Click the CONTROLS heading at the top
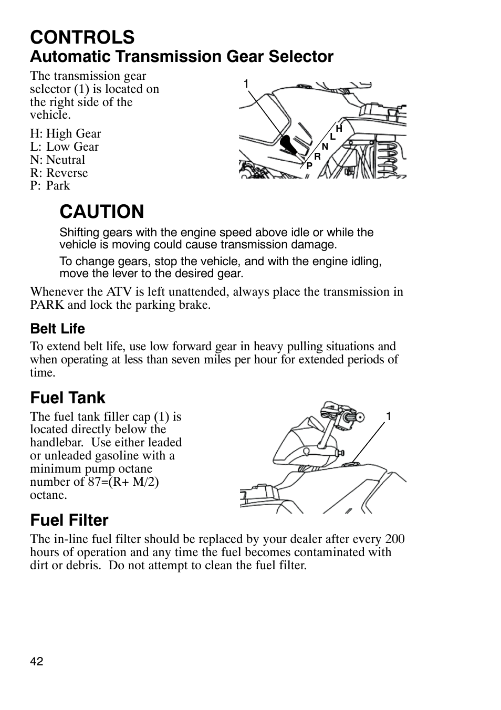(x=82, y=37)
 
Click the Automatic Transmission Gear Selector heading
(x=182, y=57)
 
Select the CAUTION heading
(x=101, y=212)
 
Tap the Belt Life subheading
(x=57, y=329)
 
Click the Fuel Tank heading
(x=68, y=398)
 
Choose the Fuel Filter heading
(x=69, y=520)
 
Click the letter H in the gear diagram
(x=339, y=129)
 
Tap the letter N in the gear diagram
(x=325, y=147)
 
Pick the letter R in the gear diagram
(x=317, y=156)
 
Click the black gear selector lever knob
(x=286, y=142)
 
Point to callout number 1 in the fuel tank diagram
(x=389, y=416)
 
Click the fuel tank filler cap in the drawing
(x=351, y=463)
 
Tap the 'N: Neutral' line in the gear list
(x=57, y=160)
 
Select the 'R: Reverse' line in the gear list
(x=59, y=173)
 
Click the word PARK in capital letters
(x=47, y=305)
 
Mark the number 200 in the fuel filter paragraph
(x=394, y=539)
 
